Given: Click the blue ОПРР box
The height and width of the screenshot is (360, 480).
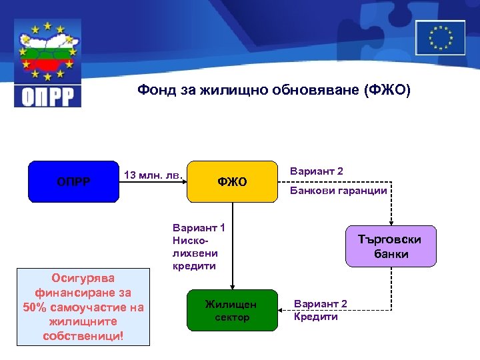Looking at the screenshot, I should tap(73, 181).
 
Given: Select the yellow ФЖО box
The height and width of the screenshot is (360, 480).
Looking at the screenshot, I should tap(232, 181).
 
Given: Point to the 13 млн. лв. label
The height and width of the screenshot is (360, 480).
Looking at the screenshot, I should tap(153, 175).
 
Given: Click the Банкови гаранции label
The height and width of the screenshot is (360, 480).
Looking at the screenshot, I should tap(338, 191).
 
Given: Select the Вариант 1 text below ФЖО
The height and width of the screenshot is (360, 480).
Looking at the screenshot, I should tap(199, 228).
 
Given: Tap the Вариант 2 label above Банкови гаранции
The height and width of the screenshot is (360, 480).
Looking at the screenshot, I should tap(317, 171).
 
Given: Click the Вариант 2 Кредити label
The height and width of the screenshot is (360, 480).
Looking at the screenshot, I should tap(320, 311).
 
